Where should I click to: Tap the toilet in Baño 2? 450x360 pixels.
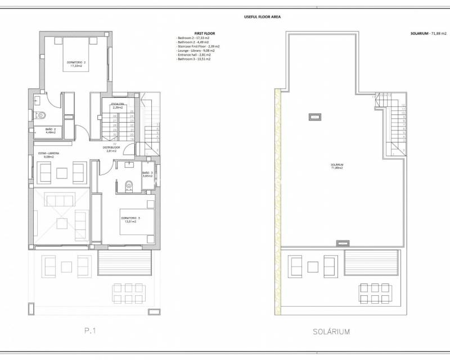click(41, 115)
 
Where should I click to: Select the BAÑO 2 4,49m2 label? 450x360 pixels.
click(51, 131)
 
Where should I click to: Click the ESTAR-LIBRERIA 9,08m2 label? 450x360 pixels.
click(49, 155)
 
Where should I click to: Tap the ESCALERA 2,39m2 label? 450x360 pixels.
click(118, 106)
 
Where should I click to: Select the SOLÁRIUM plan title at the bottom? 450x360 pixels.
click(331, 331)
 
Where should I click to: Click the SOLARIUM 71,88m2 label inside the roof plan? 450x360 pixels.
click(337, 166)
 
